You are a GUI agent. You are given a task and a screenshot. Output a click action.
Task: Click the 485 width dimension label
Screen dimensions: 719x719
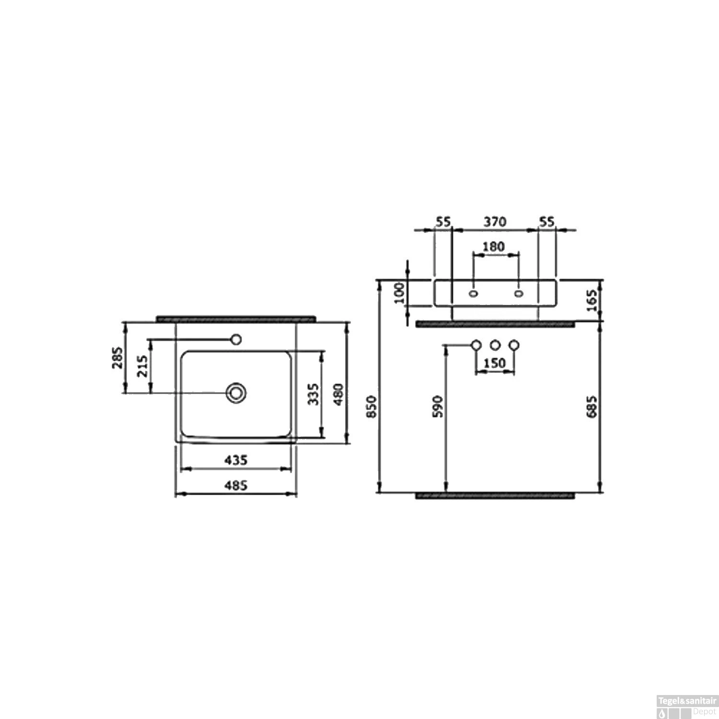[236, 485]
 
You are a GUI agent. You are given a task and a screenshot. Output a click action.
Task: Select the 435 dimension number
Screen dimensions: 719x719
[236, 460]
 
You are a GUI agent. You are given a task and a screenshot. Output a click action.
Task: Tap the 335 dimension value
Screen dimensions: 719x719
[313, 394]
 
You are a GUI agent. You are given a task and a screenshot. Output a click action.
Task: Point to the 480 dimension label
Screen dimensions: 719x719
[338, 394]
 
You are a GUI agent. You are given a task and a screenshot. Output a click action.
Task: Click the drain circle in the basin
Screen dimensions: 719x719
[236, 393]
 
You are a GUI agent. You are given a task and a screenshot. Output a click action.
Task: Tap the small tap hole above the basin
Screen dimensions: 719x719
[235, 339]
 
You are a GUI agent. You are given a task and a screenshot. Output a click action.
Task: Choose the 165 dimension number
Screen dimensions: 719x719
[592, 300]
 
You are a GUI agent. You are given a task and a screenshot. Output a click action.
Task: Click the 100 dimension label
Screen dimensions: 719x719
[399, 293]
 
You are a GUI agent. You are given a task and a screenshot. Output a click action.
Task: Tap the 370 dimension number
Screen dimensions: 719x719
[494, 222]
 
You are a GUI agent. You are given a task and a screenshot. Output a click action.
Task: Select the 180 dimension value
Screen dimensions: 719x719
[493, 246]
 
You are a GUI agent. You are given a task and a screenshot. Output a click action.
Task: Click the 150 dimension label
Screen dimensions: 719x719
[494, 363]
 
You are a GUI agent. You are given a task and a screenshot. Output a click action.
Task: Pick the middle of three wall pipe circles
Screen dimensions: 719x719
[495, 345]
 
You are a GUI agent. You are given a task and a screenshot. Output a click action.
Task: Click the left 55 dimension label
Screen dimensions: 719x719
[443, 222]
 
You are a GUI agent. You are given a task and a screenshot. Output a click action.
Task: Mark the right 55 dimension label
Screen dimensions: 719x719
[546, 222]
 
